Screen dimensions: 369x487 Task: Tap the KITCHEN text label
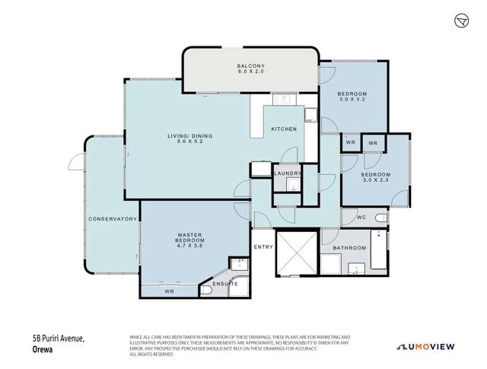[x=284, y=129]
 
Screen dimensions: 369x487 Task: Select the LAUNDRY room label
[x=287, y=173]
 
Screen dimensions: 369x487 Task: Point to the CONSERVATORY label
[x=112, y=219]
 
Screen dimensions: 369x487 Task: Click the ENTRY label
[x=263, y=247]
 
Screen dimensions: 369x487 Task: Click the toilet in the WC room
[x=381, y=219]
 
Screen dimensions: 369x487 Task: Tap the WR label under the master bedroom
[x=169, y=291]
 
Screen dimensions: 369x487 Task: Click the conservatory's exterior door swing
[x=74, y=161]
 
